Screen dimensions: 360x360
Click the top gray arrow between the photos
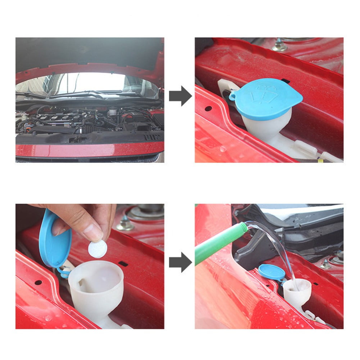180,96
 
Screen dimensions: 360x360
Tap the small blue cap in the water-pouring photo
272,272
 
